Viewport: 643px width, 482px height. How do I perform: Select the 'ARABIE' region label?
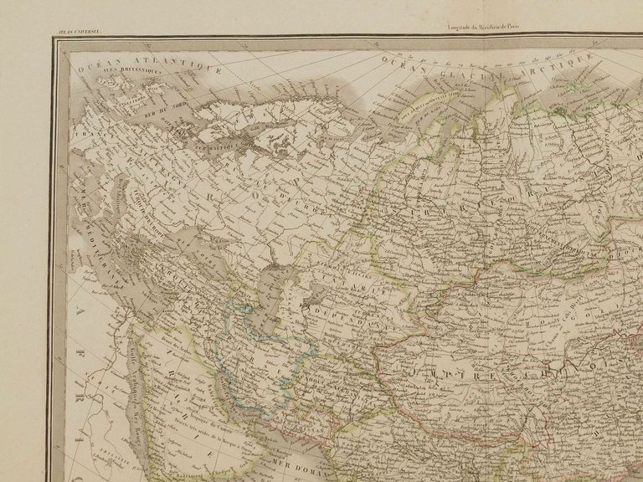(x=184, y=402)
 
